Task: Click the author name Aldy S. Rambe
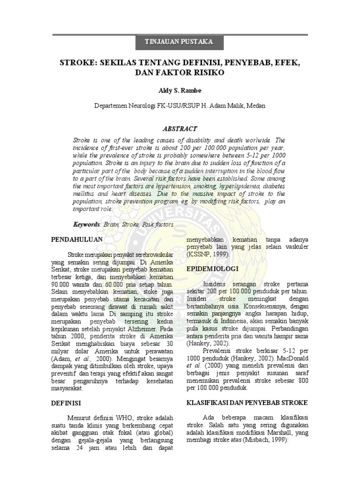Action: click(180, 90)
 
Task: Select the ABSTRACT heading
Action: click(180, 128)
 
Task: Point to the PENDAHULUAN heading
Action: click(76, 240)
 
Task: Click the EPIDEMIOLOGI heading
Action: click(213, 269)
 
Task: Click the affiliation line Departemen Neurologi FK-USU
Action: click(180, 106)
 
